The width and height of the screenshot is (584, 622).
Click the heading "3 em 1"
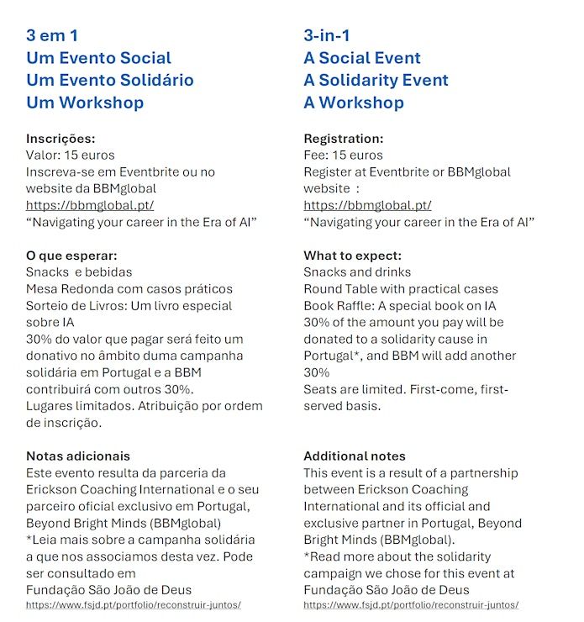(58, 35)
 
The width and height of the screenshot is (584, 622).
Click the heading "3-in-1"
(327, 35)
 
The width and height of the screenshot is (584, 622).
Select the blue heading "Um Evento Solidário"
(110, 80)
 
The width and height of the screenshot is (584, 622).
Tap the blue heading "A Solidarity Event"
(376, 80)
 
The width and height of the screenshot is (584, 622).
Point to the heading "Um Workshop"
(85, 103)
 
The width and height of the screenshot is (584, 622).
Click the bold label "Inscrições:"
(61, 139)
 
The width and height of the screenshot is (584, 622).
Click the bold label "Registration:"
(343, 139)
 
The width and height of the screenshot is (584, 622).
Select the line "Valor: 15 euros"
(71, 155)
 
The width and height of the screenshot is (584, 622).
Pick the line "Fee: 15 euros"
(343, 155)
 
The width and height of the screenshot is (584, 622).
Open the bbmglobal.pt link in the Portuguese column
(90, 205)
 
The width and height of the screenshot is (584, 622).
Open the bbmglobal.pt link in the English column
(367, 205)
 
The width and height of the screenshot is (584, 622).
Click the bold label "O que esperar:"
(71, 256)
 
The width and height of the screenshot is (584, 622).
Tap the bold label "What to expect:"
(352, 256)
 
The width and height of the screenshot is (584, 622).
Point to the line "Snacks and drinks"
(357, 272)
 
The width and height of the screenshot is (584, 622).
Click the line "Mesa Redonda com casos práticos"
(129, 289)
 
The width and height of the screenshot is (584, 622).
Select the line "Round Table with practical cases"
(401, 289)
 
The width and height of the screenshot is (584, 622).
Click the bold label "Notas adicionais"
(78, 456)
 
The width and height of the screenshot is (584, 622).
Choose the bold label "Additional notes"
(354, 456)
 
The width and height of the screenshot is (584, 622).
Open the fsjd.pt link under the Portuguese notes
(134, 604)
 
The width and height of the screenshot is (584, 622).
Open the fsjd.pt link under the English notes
(411, 604)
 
